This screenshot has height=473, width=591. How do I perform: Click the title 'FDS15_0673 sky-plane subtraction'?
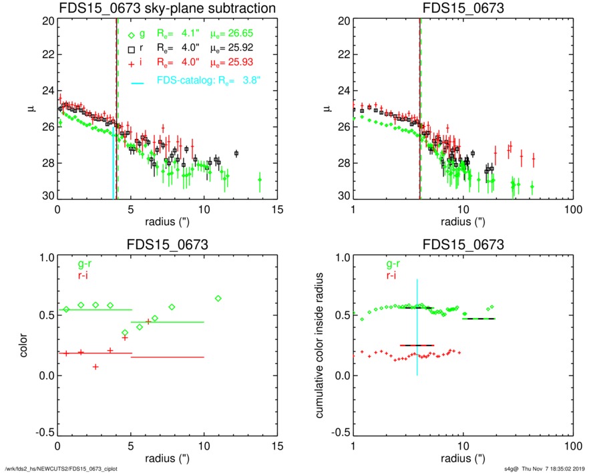pyautogui.click(x=167, y=8)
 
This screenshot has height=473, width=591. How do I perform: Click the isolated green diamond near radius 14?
pyautogui.click(x=260, y=180)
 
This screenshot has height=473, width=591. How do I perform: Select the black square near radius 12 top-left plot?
pyautogui.click(x=236, y=154)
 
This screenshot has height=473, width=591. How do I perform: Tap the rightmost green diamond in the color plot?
pyautogui.click(x=218, y=298)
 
